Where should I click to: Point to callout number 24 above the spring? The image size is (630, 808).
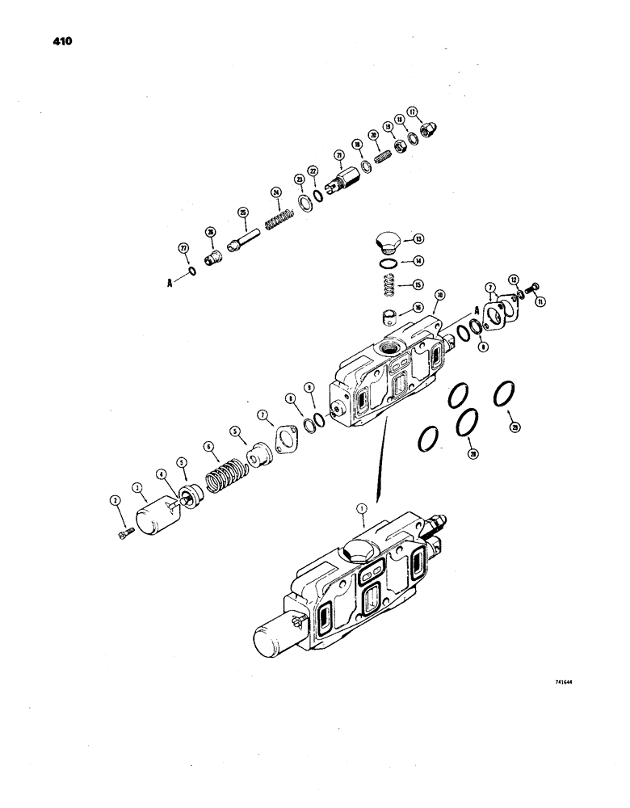pos(276,192)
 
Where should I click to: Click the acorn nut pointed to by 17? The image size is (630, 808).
pos(430,128)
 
